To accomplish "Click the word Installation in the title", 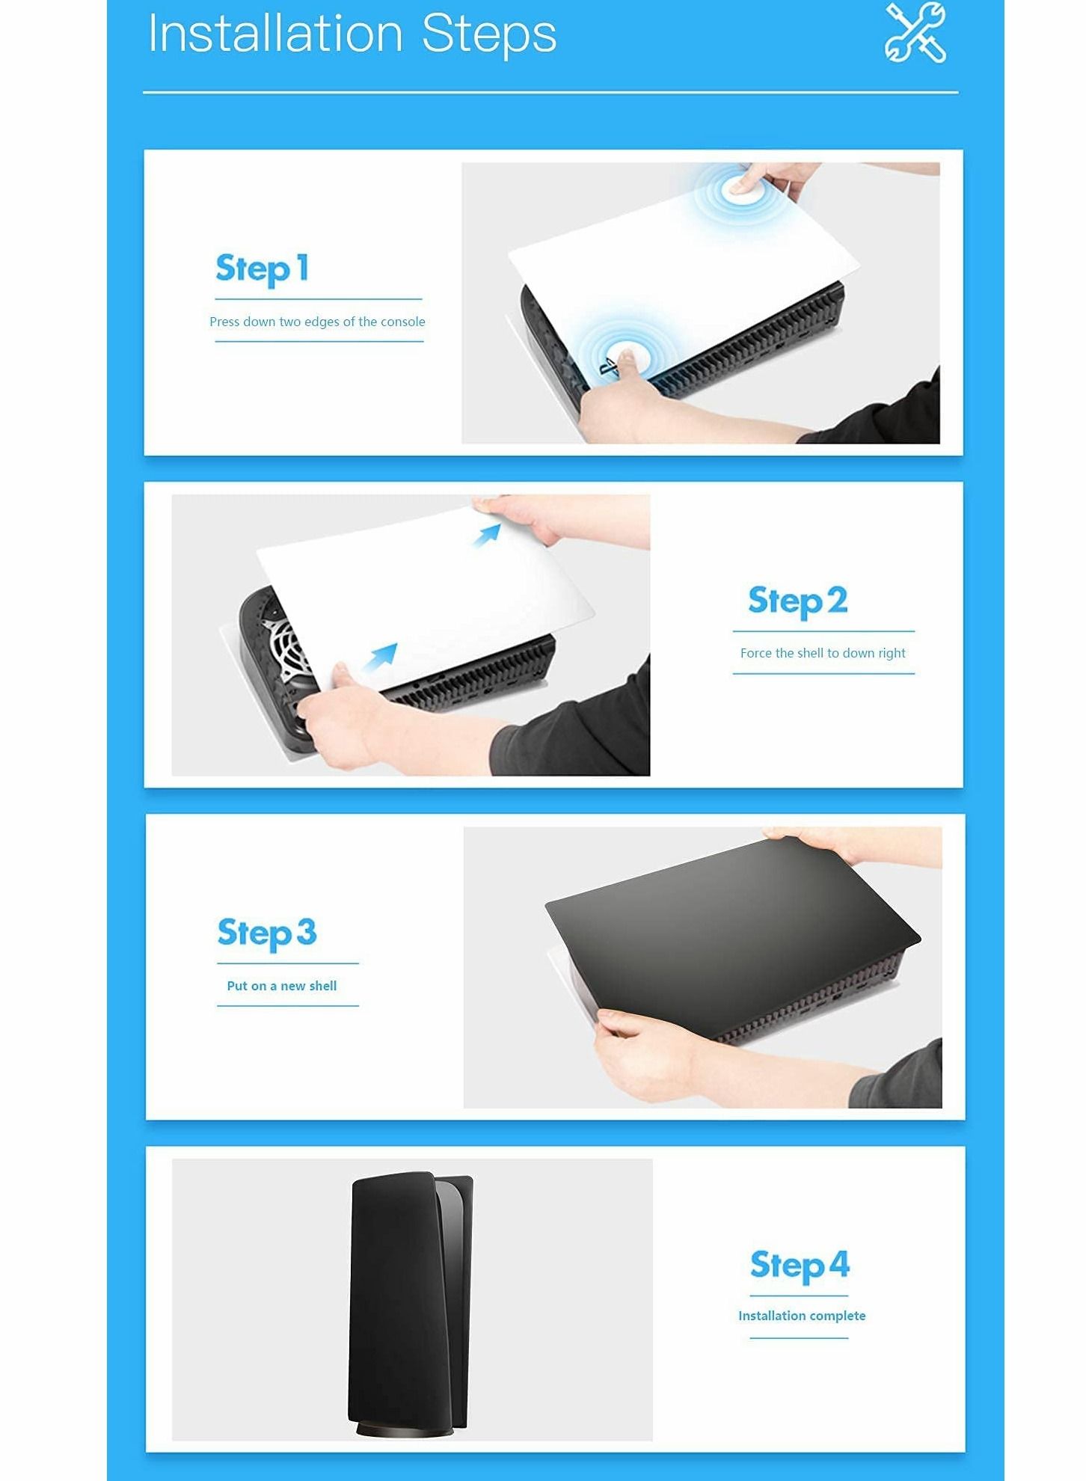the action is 276,34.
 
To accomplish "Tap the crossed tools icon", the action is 915,32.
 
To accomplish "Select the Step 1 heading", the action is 262,269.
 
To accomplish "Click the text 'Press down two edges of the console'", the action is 317,322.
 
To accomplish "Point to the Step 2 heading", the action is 797,601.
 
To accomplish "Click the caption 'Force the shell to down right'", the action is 823,653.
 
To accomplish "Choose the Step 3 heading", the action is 267,933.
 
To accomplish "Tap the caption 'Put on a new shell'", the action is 282,986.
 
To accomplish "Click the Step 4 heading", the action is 800,1266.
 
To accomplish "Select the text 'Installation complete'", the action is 802,1316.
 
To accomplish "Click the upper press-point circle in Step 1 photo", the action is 740,188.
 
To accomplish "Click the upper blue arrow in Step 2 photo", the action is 488,535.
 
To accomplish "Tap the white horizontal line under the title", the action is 550,93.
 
